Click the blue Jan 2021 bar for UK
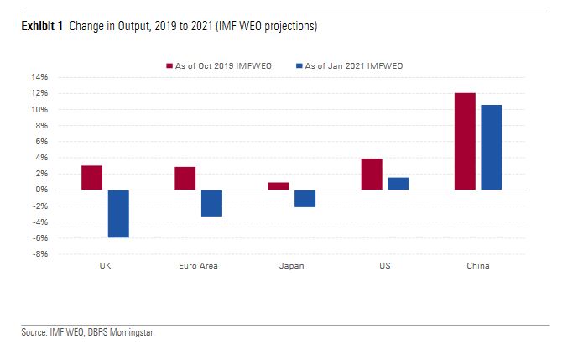click(x=118, y=213)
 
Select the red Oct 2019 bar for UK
click(x=92, y=178)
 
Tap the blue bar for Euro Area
click(x=211, y=203)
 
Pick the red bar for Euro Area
click(x=185, y=179)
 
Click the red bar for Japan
click(x=279, y=186)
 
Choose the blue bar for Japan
click(x=305, y=198)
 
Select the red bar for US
click(x=372, y=175)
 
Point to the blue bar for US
click(x=398, y=184)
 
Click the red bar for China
click(x=465, y=141)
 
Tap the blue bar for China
click(x=491, y=148)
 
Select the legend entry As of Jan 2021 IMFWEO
click(x=346, y=65)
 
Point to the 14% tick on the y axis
click(x=40, y=77)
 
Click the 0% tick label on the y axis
click(x=43, y=190)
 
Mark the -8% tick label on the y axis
click(x=41, y=254)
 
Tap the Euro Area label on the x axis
click(x=198, y=266)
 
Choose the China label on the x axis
click(x=477, y=266)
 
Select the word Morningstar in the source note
click(x=133, y=332)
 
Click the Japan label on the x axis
click(x=291, y=266)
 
